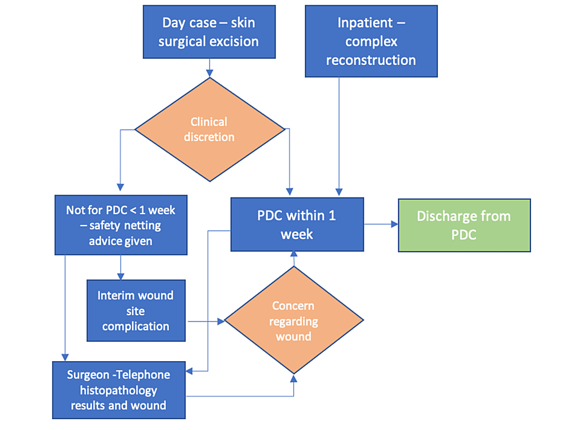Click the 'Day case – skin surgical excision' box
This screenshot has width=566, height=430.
click(x=210, y=32)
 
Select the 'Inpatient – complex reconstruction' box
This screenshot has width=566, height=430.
click(x=371, y=41)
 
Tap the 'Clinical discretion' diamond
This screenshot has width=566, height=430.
click(x=209, y=130)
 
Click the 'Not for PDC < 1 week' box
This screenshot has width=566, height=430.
click(x=121, y=225)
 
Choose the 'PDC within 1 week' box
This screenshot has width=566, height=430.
click(x=297, y=225)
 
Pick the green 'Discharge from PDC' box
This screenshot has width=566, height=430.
click(x=464, y=225)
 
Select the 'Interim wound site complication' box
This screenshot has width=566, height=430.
click(x=136, y=311)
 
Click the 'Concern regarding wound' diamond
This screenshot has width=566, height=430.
click(x=293, y=320)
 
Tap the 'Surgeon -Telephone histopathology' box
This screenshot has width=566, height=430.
click(x=119, y=390)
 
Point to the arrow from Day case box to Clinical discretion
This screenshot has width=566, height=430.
click(x=210, y=67)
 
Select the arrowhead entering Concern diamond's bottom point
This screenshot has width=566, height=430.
click(x=294, y=378)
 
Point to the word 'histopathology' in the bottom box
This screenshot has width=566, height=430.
click(x=119, y=390)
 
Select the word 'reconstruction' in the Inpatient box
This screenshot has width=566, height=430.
click(x=371, y=60)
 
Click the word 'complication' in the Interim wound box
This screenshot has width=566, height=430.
click(x=136, y=326)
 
